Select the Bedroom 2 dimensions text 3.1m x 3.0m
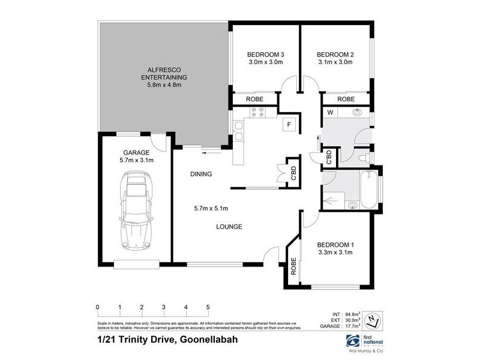335,62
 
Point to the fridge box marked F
289,125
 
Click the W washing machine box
330,112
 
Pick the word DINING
201,174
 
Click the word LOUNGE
229,227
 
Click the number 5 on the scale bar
208,307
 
